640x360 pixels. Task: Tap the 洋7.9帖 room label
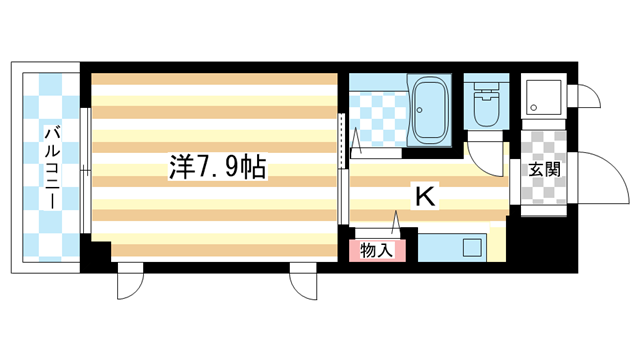click(216, 168)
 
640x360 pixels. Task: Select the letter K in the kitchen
click(424, 197)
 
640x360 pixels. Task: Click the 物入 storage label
click(377, 251)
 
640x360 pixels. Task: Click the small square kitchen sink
click(471, 246)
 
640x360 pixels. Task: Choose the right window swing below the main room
click(302, 284)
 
